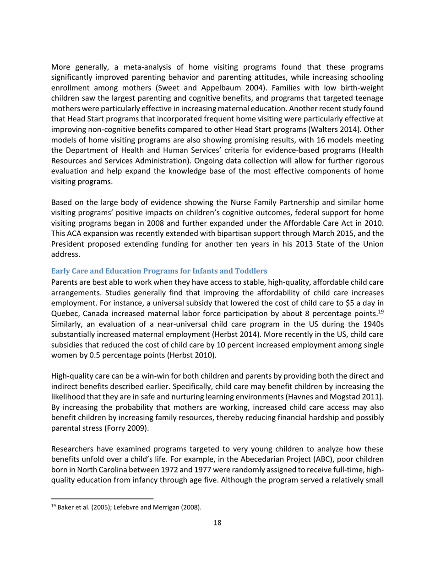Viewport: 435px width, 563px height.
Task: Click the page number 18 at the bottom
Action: point(217,523)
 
